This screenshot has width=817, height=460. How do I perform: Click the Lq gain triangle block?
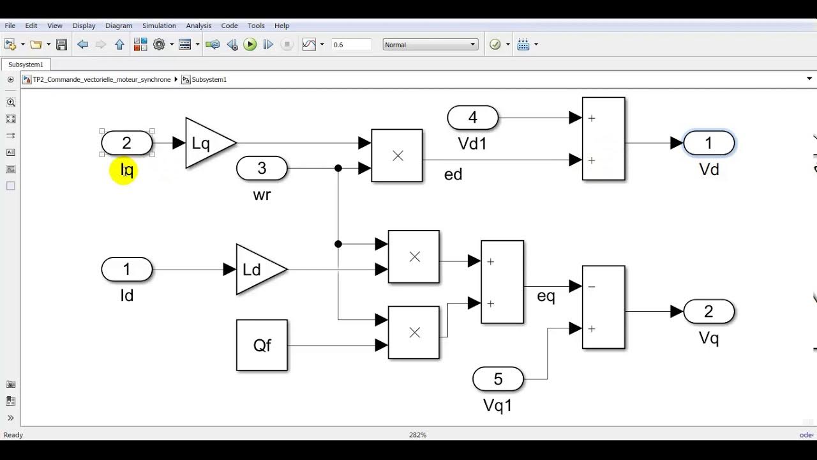tap(207, 143)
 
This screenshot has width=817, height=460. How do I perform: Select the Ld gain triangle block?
tap(257, 270)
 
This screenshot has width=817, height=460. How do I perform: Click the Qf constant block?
tap(262, 345)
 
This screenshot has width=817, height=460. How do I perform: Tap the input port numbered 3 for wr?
tap(262, 169)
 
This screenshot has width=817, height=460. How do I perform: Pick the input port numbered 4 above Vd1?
tap(472, 118)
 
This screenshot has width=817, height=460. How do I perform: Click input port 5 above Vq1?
tap(498, 379)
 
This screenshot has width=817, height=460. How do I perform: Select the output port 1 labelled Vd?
tap(708, 144)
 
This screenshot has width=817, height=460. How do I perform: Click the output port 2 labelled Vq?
tap(708, 312)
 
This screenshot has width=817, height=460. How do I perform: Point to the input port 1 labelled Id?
tap(126, 270)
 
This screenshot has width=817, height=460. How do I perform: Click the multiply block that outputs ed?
tap(397, 156)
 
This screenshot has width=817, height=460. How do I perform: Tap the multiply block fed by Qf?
tap(414, 332)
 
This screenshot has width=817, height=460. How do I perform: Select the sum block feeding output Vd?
tap(603, 139)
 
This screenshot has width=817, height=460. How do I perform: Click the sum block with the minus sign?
tap(603, 307)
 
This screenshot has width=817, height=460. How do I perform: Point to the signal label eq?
tap(546, 296)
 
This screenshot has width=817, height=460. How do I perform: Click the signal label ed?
tap(453, 174)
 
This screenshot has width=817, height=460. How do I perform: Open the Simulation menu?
tap(159, 26)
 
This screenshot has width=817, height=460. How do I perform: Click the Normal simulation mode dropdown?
tap(430, 45)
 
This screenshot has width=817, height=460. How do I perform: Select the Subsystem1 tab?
tap(26, 65)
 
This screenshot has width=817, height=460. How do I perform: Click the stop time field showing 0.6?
tap(351, 45)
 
